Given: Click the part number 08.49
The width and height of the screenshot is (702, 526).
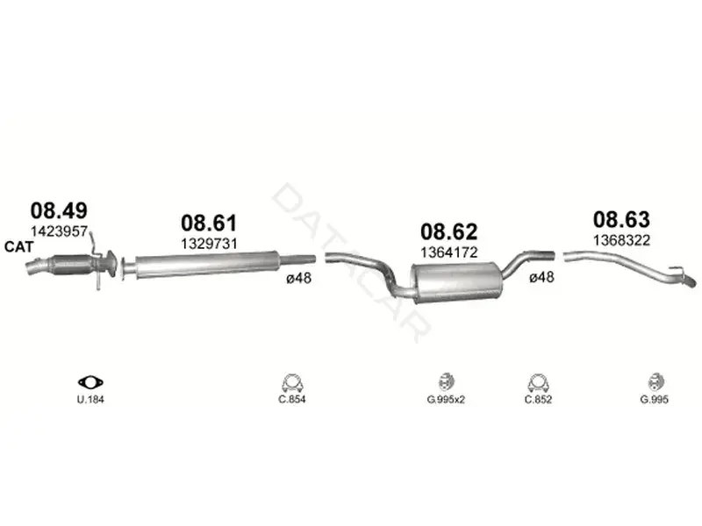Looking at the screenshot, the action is coord(59,210).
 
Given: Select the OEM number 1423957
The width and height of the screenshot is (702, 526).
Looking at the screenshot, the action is coord(59,231).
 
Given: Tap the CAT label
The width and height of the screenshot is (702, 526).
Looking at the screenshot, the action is coord(18,247).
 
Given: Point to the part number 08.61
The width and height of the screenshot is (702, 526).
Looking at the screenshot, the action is coord(209,223).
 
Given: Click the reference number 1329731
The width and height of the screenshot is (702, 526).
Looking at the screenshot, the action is coord(209,244).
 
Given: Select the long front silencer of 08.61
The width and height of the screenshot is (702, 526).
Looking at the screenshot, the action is coord(208,265).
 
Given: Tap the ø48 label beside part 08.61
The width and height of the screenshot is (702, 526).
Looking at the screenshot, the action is coord(298,278).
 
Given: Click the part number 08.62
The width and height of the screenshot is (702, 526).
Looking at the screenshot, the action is coord(449,231).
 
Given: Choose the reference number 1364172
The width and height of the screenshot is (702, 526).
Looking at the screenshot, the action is coord(449,252).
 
